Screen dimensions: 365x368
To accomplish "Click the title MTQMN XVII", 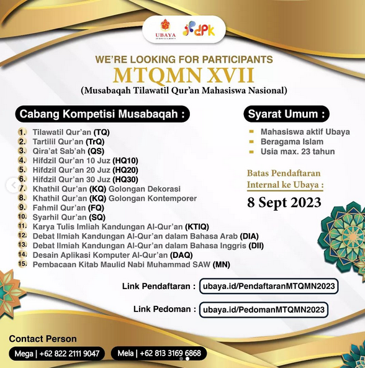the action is tap(183, 75).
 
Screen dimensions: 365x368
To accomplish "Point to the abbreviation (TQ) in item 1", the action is tap(101, 132).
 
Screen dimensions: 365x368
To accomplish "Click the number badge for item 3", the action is tap(22, 150).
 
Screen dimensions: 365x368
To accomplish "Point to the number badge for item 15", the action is tap(22, 264).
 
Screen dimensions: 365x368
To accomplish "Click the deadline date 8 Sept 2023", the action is tap(284, 203).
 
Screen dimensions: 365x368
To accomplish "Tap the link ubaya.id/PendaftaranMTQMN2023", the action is tap(269, 286).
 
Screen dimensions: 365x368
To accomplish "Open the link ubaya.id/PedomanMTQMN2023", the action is tap(264, 309).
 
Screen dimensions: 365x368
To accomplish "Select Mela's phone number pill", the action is tap(159, 354).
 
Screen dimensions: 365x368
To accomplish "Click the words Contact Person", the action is tap(43, 339).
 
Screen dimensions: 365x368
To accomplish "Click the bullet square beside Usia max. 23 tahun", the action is tap(250, 152).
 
